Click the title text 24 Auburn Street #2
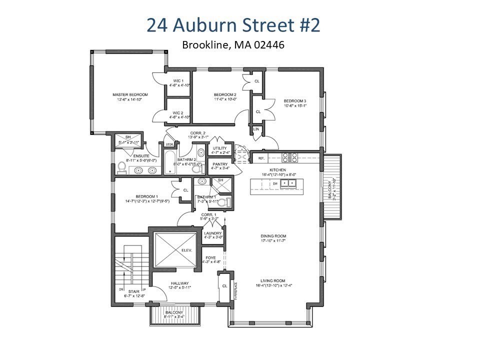233,25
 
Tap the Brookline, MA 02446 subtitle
233,45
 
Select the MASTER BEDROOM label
129,94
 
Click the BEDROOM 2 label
224,94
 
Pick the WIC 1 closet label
178,81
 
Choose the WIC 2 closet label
178,113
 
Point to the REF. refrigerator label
260,158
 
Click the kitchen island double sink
287,183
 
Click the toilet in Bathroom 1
228,202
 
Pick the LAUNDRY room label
212,233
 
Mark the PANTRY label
220,164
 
